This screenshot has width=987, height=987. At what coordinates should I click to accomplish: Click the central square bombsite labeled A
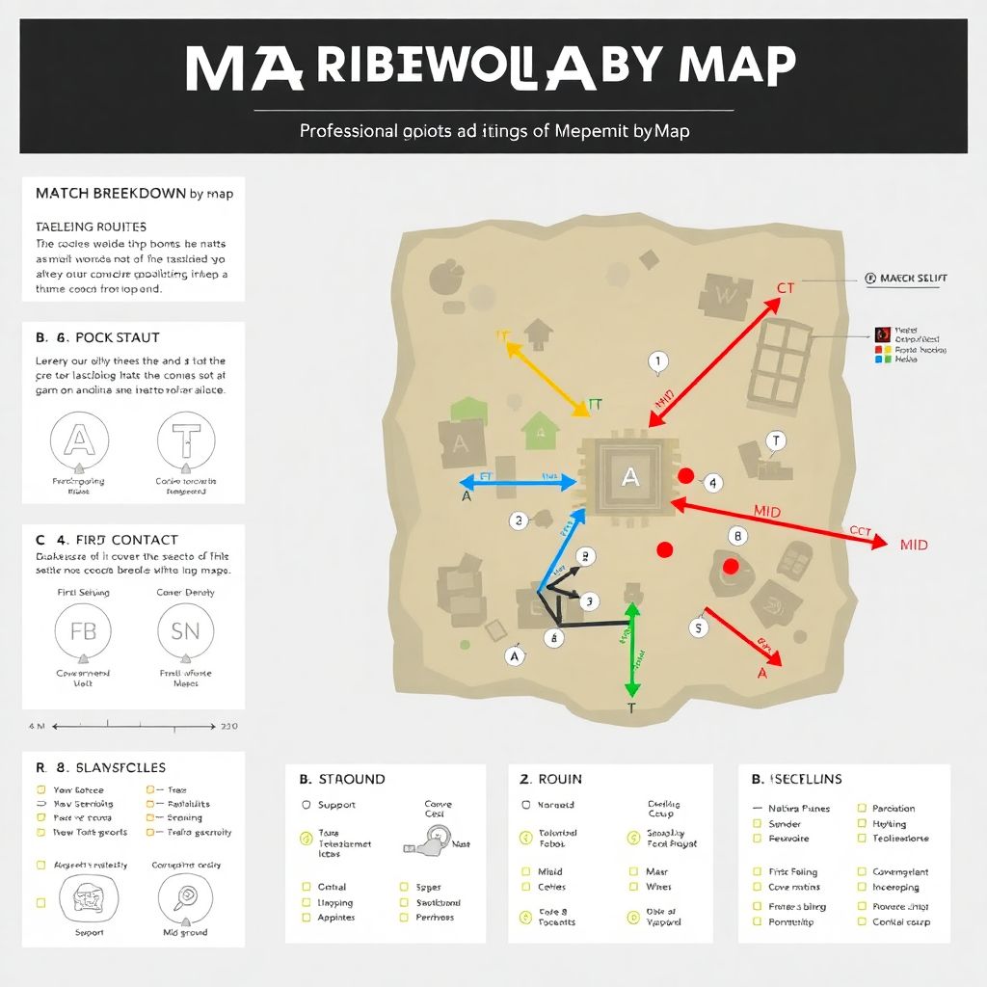[x=629, y=474]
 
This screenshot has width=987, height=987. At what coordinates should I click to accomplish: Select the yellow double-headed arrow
[x=542, y=380]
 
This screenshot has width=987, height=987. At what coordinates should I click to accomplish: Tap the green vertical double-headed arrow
[x=632, y=651]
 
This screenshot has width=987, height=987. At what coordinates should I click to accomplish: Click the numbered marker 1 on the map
[x=658, y=362]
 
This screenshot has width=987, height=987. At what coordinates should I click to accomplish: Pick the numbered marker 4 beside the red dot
[x=712, y=482]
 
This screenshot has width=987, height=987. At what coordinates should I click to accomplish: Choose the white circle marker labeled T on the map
[x=775, y=441]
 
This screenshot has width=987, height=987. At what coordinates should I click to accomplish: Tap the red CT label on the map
[x=786, y=288]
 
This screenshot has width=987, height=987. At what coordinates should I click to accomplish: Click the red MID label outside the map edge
[x=913, y=545]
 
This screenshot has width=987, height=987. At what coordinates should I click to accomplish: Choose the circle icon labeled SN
[x=185, y=632]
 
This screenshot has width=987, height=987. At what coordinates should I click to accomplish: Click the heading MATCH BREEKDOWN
[x=133, y=193]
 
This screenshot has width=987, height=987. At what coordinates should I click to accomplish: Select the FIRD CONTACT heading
[x=106, y=540]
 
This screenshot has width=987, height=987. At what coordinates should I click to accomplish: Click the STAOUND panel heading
[x=342, y=779]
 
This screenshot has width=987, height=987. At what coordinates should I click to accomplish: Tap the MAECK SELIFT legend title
[x=906, y=278]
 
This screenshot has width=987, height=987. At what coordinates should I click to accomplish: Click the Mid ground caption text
[x=185, y=932]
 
